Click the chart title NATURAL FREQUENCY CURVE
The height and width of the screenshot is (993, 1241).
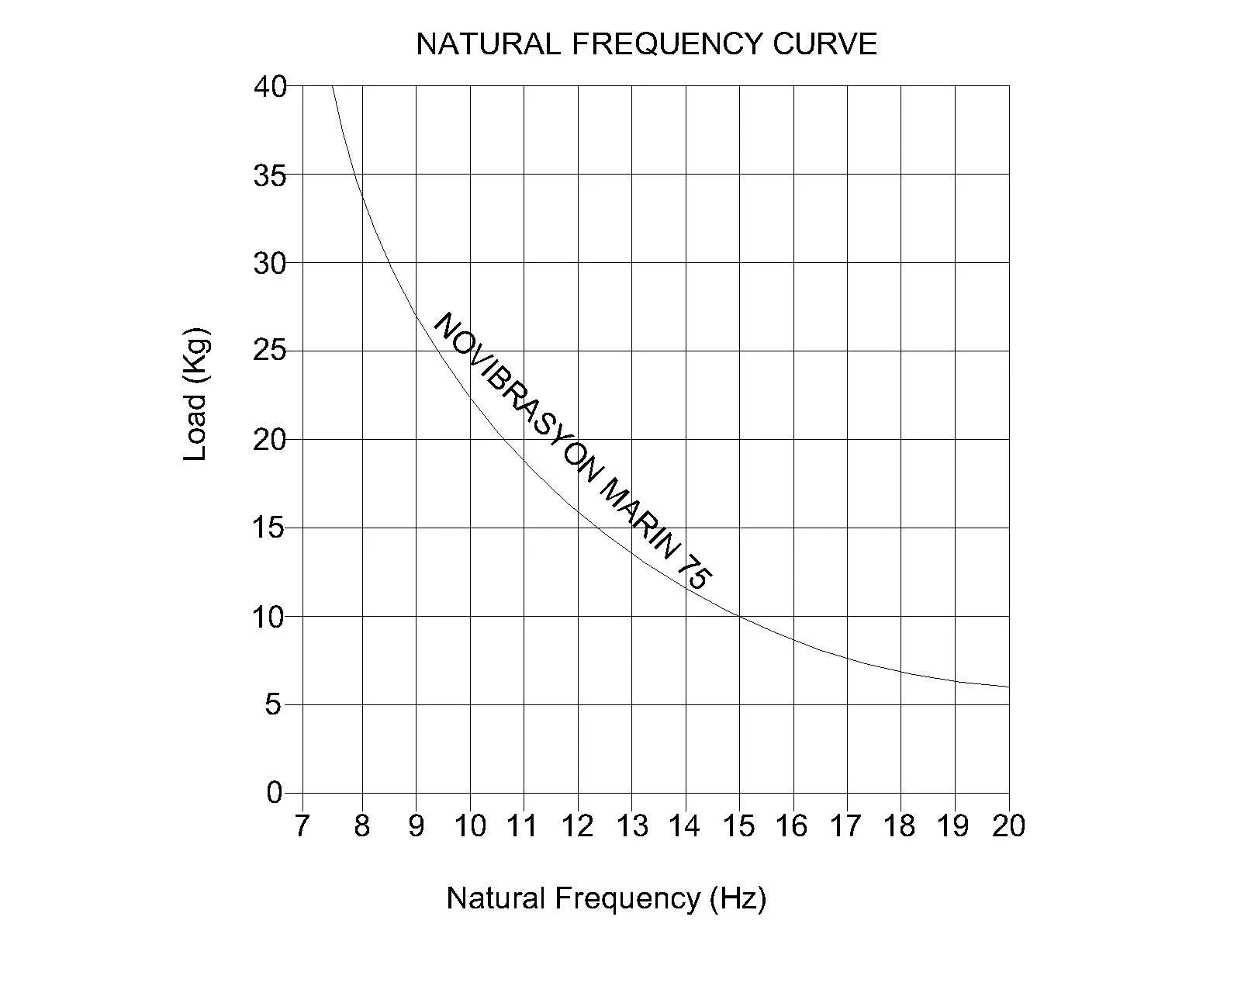[646, 44]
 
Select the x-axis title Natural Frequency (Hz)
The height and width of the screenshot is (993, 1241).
[606, 898]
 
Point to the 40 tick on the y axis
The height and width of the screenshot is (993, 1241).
[270, 86]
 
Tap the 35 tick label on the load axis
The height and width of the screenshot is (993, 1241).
[270, 175]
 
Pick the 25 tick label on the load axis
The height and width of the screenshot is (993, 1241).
[270, 351]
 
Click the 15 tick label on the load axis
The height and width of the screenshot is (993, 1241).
[270, 528]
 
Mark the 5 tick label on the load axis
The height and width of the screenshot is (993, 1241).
[273, 705]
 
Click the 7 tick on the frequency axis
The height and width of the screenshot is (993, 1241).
[302, 826]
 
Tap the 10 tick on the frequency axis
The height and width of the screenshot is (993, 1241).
[469, 826]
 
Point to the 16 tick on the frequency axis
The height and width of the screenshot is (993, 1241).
[793, 826]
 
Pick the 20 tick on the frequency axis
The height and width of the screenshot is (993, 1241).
[1008, 826]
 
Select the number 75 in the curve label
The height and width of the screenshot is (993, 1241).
[695, 576]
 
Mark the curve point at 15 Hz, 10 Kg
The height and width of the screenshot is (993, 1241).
[739, 617]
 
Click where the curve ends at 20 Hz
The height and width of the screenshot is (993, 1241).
[1008, 687]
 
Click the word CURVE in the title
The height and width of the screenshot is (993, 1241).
[824, 44]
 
